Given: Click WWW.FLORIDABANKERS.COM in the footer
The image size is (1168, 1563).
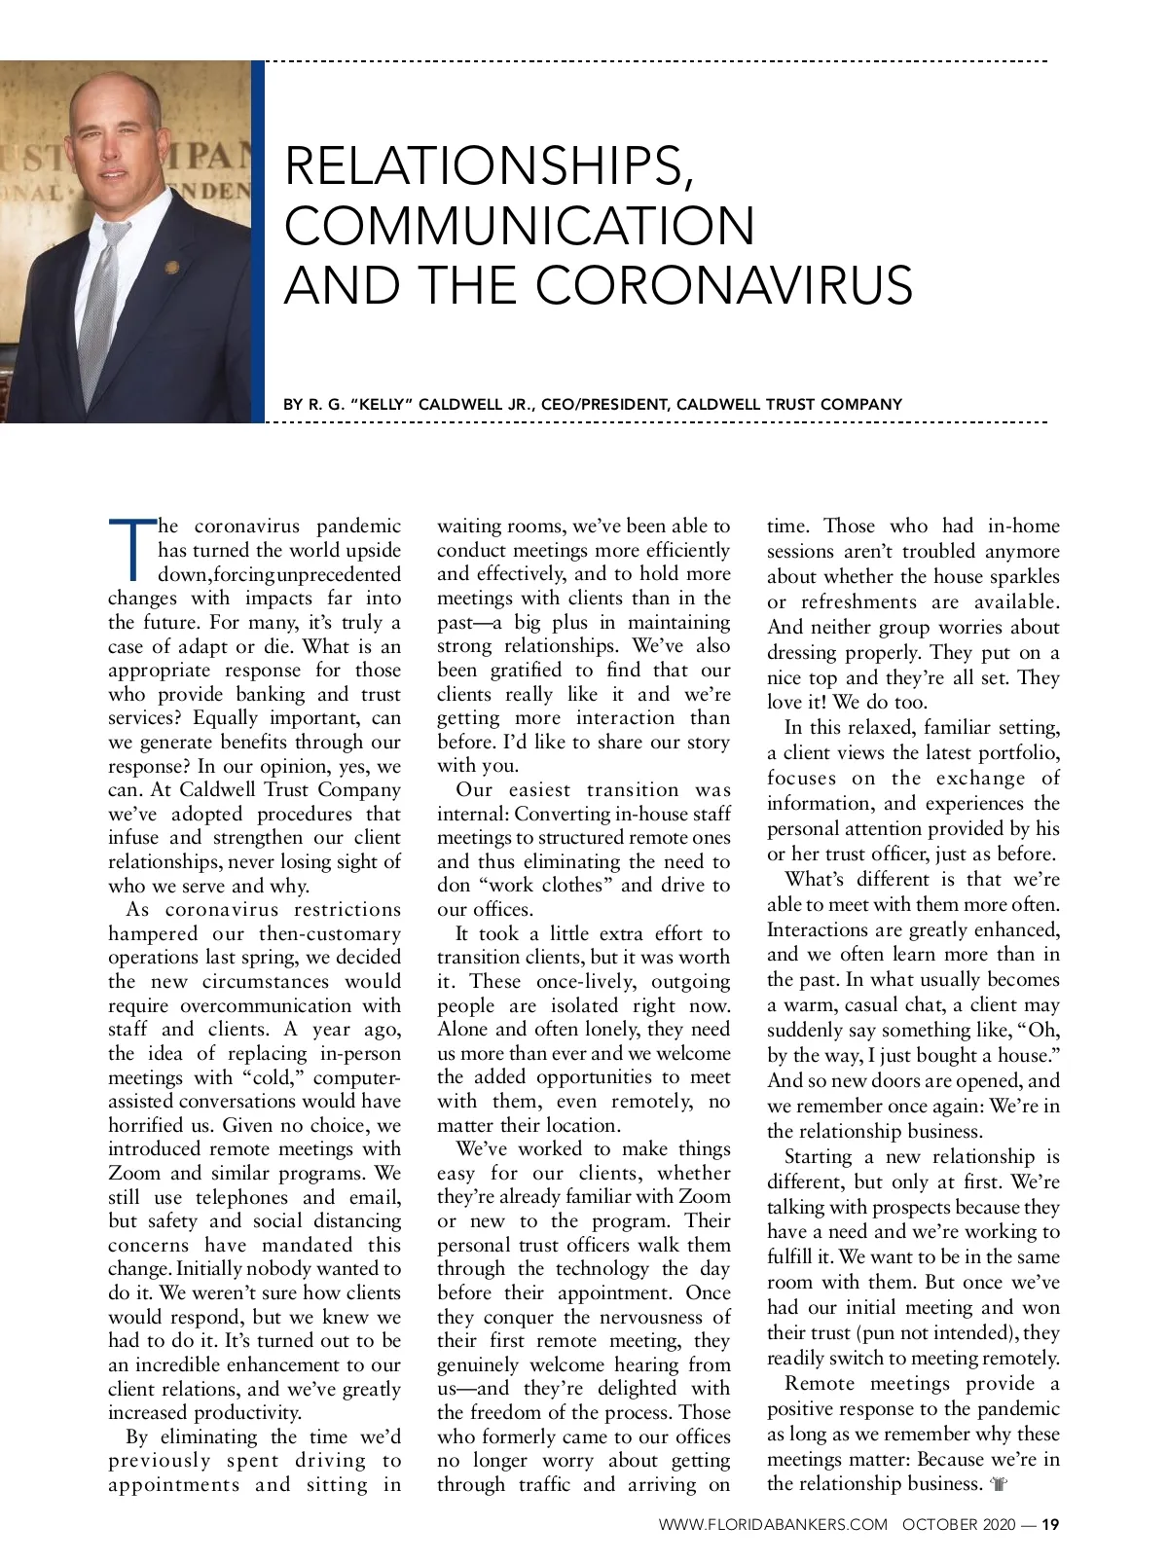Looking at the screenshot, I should pos(773,1525).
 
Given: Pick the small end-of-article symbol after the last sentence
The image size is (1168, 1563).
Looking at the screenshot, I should pos(998,1485).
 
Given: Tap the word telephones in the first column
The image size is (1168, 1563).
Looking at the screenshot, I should pos(241,1197).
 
